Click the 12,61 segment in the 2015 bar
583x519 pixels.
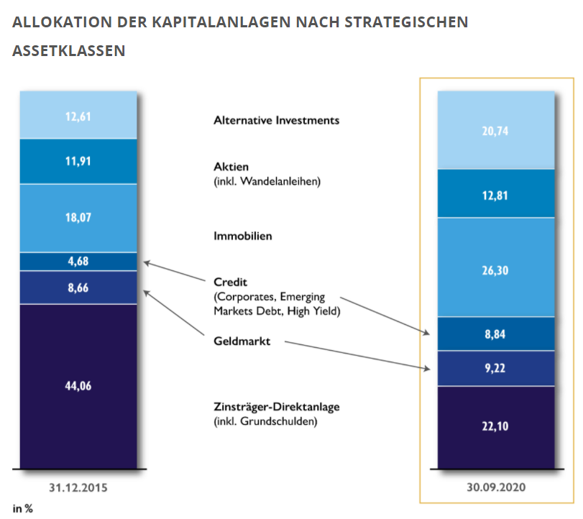click(x=78, y=114)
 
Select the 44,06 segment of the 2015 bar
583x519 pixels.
click(x=78, y=386)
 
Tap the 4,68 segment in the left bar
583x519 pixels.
click(x=78, y=262)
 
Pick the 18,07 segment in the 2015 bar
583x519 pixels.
click(x=78, y=219)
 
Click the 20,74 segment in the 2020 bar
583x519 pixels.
click(x=497, y=131)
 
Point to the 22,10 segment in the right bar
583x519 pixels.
click(x=497, y=426)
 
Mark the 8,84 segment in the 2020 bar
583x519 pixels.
click(x=497, y=334)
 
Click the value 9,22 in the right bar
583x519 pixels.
click(x=497, y=368)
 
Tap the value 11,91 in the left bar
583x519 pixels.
click(x=78, y=162)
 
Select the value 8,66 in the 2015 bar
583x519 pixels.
click(x=78, y=288)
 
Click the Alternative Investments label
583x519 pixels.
click(x=276, y=120)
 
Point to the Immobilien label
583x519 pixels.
click(x=243, y=236)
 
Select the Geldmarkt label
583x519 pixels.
click(x=242, y=342)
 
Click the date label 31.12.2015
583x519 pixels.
click(x=78, y=487)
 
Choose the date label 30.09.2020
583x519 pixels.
click(x=497, y=487)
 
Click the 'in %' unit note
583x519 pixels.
click(x=24, y=508)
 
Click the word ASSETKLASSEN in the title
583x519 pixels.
click(x=68, y=51)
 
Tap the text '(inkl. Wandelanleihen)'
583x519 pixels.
click(x=267, y=181)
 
